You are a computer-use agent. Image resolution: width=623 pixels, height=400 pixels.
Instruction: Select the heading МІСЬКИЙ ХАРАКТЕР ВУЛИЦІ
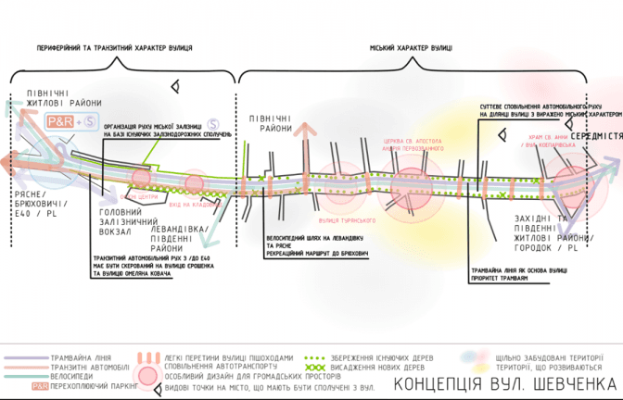(411, 46)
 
